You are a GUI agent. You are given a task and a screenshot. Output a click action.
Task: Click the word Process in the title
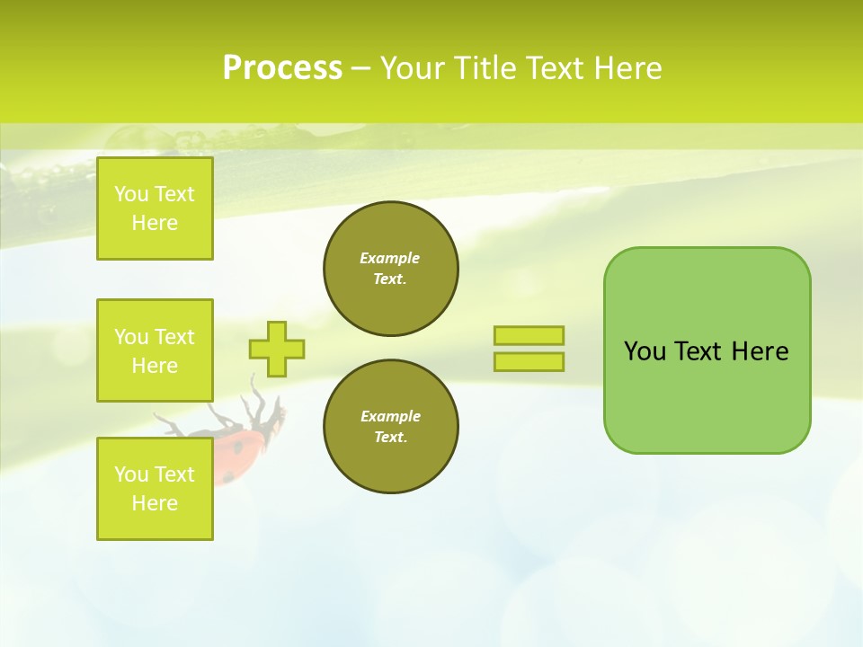pyautogui.click(x=282, y=68)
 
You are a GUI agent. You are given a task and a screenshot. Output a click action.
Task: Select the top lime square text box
pyautogui.click(x=155, y=208)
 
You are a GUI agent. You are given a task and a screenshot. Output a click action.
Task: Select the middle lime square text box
pyautogui.click(x=155, y=350)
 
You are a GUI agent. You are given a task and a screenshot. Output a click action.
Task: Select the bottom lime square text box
pyautogui.click(x=155, y=489)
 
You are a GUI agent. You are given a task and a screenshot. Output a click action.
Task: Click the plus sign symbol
pyautogui.click(x=277, y=349)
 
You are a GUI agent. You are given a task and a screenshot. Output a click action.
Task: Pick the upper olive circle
pyautogui.click(x=391, y=269)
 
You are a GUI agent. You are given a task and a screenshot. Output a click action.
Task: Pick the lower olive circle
pyautogui.click(x=391, y=427)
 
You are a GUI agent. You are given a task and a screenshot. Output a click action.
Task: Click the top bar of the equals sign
pyautogui.click(x=529, y=335)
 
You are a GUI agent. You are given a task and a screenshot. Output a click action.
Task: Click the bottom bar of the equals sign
pyautogui.click(x=529, y=361)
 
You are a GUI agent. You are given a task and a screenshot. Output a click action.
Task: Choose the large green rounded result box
pyautogui.click(x=707, y=350)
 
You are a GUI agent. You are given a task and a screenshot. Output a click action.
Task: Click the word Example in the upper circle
pyautogui.click(x=390, y=258)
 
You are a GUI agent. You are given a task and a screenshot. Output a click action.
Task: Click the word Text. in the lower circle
pyautogui.click(x=390, y=438)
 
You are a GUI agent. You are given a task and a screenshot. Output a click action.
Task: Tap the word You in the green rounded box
pyautogui.click(x=645, y=351)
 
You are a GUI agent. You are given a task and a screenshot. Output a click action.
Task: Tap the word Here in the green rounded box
pyautogui.click(x=760, y=351)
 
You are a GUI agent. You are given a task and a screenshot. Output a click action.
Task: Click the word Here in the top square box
pyautogui.click(x=155, y=223)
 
